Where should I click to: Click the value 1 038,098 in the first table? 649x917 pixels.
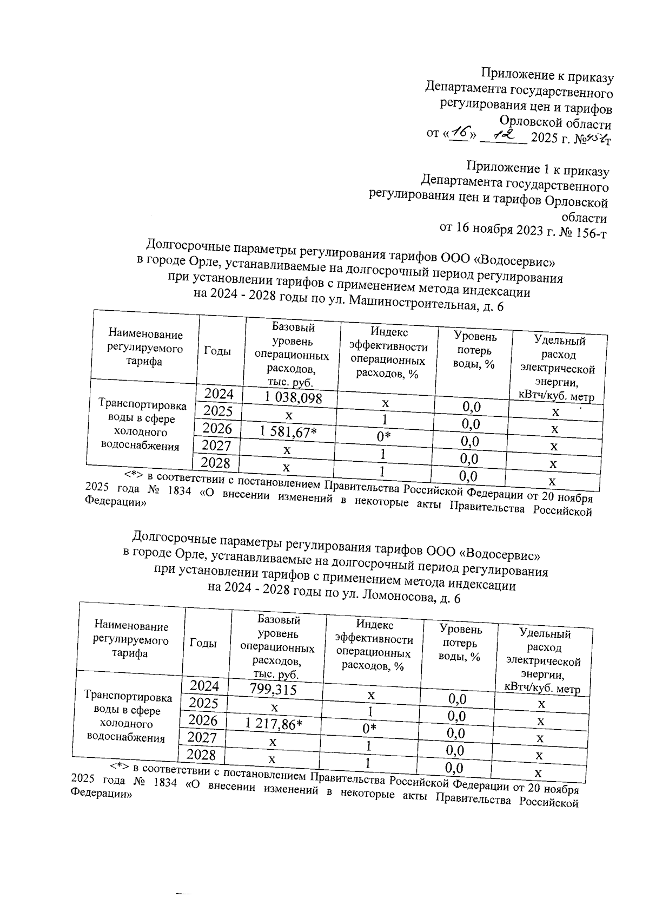click(x=293, y=398)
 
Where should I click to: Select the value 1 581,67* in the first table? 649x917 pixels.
click(x=287, y=433)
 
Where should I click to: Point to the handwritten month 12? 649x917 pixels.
click(x=502, y=134)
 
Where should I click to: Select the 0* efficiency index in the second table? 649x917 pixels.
click(x=370, y=729)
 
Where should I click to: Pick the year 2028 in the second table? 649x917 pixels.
click(x=201, y=754)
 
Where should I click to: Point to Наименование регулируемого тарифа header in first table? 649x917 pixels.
click(x=145, y=348)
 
